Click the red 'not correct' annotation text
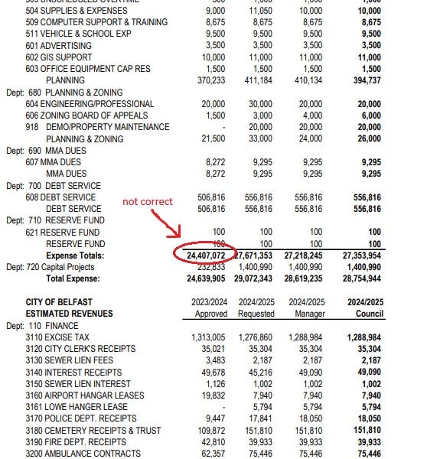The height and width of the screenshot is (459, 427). (x=148, y=201)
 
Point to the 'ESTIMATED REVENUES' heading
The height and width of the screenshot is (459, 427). (x=70, y=314)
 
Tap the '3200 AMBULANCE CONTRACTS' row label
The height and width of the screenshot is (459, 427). (x=87, y=455)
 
